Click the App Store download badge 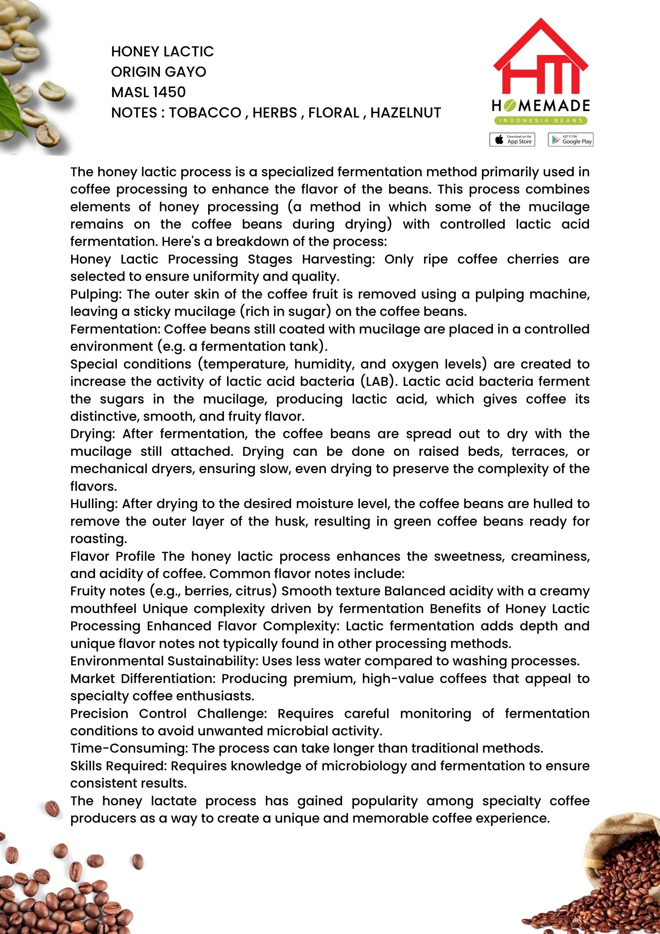tap(512, 140)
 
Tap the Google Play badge tap(570, 140)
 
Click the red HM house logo tap(540, 57)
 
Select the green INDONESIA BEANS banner tap(541, 121)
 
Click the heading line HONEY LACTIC tap(162, 52)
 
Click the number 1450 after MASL tap(169, 92)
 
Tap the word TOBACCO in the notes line tap(205, 113)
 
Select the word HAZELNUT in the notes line tap(405, 113)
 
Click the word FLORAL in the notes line tap(333, 113)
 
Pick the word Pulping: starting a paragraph tap(96, 294)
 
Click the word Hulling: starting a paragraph tap(94, 504)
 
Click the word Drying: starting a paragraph tap(93, 434)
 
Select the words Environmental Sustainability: tap(164, 661)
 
